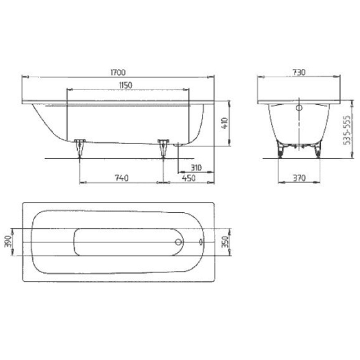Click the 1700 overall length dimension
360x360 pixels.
point(118,72)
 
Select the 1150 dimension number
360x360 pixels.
point(126,85)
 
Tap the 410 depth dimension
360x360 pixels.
point(225,123)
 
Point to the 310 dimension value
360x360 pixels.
point(196,167)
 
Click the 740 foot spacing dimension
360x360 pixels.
point(121,178)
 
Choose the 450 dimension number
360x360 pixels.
point(189,178)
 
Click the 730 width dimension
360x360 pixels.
point(299,72)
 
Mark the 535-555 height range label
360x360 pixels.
point(347,130)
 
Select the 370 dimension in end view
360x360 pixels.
point(299,178)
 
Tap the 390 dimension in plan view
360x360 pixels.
point(8,242)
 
